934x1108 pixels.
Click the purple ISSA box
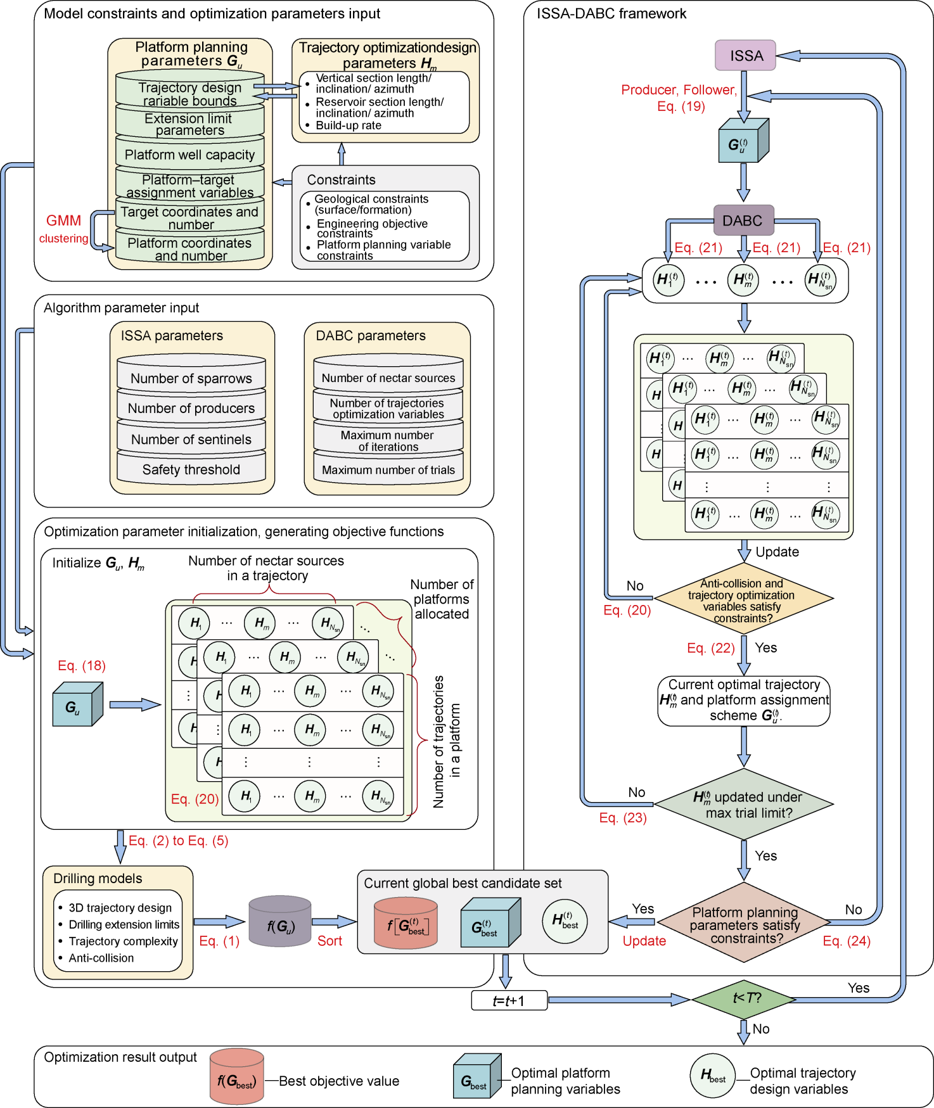(745, 56)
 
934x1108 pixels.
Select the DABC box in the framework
(743, 220)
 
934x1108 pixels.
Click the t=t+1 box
(509, 1000)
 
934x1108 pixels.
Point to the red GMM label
(63, 221)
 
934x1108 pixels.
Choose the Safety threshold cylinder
(191, 469)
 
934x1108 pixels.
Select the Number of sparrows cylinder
(191, 378)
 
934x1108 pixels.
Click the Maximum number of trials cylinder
(388, 470)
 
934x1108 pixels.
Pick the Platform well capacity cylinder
(189, 155)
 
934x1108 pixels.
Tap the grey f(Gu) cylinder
(280, 924)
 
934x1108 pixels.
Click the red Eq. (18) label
(82, 665)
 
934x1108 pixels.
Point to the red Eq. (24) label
(847, 941)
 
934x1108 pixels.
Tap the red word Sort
(329, 941)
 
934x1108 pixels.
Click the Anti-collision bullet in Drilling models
(101, 958)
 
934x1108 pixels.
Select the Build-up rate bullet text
(349, 125)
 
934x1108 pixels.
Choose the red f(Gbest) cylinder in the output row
(236, 1078)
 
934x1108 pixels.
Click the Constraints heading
(341, 180)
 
